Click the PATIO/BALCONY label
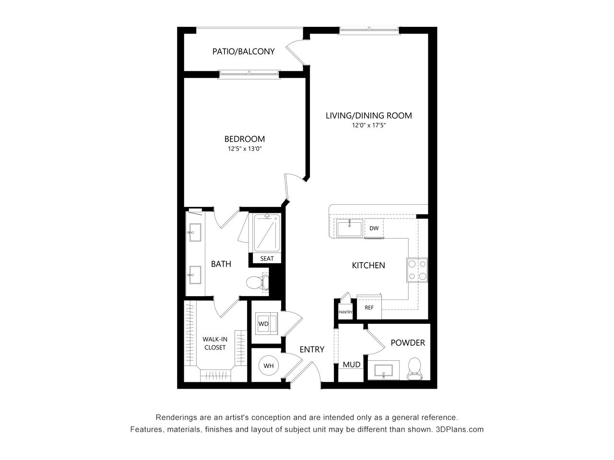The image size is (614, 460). pos(243,51)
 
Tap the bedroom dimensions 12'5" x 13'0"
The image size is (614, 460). pos(245,149)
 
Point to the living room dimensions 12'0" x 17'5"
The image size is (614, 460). pos(369,125)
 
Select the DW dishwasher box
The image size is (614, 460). pos(374,228)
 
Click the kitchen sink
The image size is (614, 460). pos(349,228)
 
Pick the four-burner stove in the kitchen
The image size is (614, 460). pos(417,270)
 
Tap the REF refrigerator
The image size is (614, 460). pos(369,307)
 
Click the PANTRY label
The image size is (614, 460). pos(345,312)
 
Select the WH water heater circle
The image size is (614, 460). pos(269,366)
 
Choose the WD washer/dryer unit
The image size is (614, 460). pos(266,323)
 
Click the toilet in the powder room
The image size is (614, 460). pos(414,369)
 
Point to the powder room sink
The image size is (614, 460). pos(383,370)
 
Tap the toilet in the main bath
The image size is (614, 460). pos(258,282)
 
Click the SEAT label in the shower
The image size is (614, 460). pos(267,259)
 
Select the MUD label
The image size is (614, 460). pos(352,365)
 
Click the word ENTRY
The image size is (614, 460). pos(312,349)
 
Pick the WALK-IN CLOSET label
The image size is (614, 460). pos(215,343)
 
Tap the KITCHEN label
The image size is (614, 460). pos(368,265)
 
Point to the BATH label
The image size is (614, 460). pos(221,264)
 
